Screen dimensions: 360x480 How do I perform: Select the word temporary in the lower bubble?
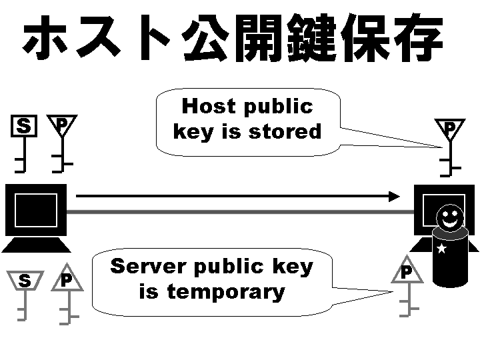pos(225,291)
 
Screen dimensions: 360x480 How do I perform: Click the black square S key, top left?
pos(24,125)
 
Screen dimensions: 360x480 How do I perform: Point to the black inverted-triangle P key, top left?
pos(61,125)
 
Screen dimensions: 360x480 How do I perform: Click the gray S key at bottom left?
pos(24,281)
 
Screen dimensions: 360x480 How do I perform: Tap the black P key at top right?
pos(450,128)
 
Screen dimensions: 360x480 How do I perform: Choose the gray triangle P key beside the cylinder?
pos(406,272)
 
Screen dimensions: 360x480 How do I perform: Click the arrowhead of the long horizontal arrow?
pos(394,196)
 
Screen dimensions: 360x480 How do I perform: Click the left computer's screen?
pos(36,211)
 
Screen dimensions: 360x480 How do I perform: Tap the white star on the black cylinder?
pos(442,249)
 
